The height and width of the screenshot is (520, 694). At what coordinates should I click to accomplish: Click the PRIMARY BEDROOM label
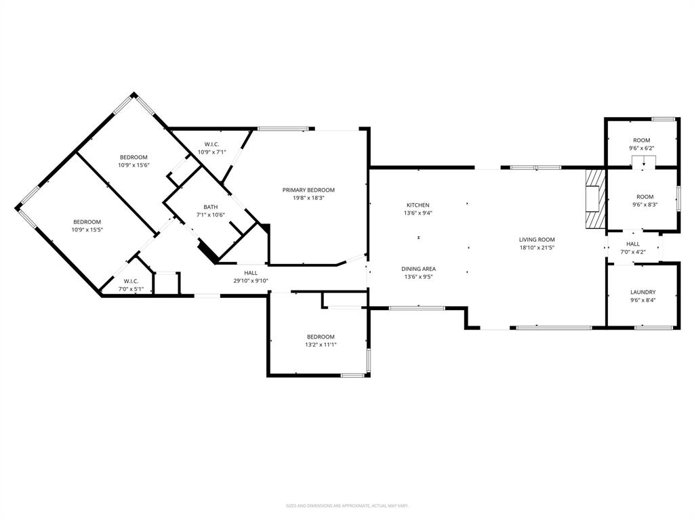point(308,190)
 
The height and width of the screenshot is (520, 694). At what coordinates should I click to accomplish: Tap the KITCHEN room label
point(417,205)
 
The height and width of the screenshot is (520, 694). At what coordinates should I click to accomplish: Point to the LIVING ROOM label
point(537,240)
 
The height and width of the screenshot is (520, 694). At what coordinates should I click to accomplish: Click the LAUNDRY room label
point(642,292)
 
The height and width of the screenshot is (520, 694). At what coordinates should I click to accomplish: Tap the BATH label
point(210,207)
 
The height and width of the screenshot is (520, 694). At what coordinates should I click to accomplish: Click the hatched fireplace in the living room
point(595,200)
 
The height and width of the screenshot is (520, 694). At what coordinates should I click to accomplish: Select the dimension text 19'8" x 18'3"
point(308,198)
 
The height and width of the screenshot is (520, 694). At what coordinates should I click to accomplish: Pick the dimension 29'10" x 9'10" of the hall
point(251,280)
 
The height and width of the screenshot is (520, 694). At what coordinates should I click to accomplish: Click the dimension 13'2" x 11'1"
point(321,345)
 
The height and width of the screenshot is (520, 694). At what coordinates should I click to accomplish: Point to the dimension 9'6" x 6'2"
point(641,148)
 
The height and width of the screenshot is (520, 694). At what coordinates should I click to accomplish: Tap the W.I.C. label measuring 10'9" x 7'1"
point(211,144)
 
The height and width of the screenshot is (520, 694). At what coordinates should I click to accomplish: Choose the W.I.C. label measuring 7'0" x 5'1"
point(131,281)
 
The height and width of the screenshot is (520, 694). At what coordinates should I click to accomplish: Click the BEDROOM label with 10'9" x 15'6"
point(134,157)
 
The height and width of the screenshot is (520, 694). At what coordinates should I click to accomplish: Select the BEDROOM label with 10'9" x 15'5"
point(87,222)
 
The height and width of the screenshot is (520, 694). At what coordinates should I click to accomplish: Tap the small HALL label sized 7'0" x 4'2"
point(632,244)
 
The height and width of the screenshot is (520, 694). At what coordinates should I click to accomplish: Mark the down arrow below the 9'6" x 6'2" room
point(643,163)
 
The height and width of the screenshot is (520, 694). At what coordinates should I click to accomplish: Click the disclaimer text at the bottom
point(347,506)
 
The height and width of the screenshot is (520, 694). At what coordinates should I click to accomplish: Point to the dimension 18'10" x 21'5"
point(537,247)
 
